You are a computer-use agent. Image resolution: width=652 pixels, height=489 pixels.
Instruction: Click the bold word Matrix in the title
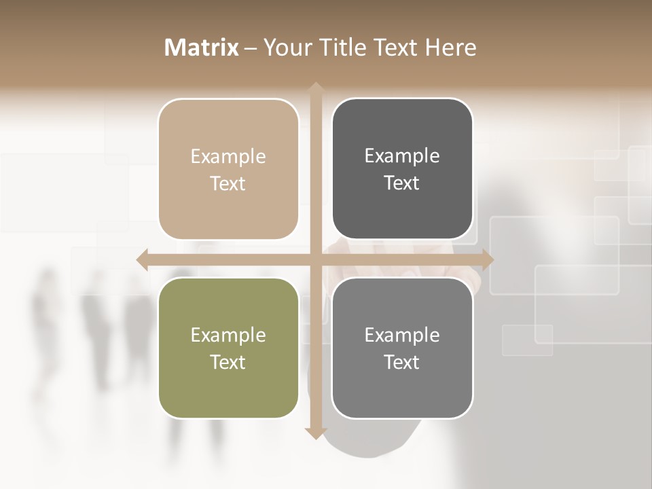click(202, 48)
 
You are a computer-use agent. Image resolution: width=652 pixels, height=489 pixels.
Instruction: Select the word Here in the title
click(451, 48)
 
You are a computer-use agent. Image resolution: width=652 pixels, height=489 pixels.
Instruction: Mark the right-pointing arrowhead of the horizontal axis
click(487, 259)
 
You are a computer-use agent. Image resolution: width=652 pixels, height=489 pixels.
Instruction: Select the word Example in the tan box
click(228, 157)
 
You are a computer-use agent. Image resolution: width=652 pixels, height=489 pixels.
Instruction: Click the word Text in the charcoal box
click(402, 183)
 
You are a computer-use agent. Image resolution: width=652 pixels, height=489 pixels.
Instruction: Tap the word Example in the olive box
click(228, 336)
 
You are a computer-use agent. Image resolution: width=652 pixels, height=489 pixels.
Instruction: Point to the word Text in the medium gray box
click(402, 363)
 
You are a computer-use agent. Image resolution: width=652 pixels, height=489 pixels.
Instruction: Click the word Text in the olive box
click(228, 363)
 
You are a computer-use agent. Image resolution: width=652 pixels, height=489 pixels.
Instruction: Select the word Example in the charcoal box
click(402, 156)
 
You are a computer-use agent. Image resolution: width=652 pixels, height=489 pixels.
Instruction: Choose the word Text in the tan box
click(228, 184)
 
